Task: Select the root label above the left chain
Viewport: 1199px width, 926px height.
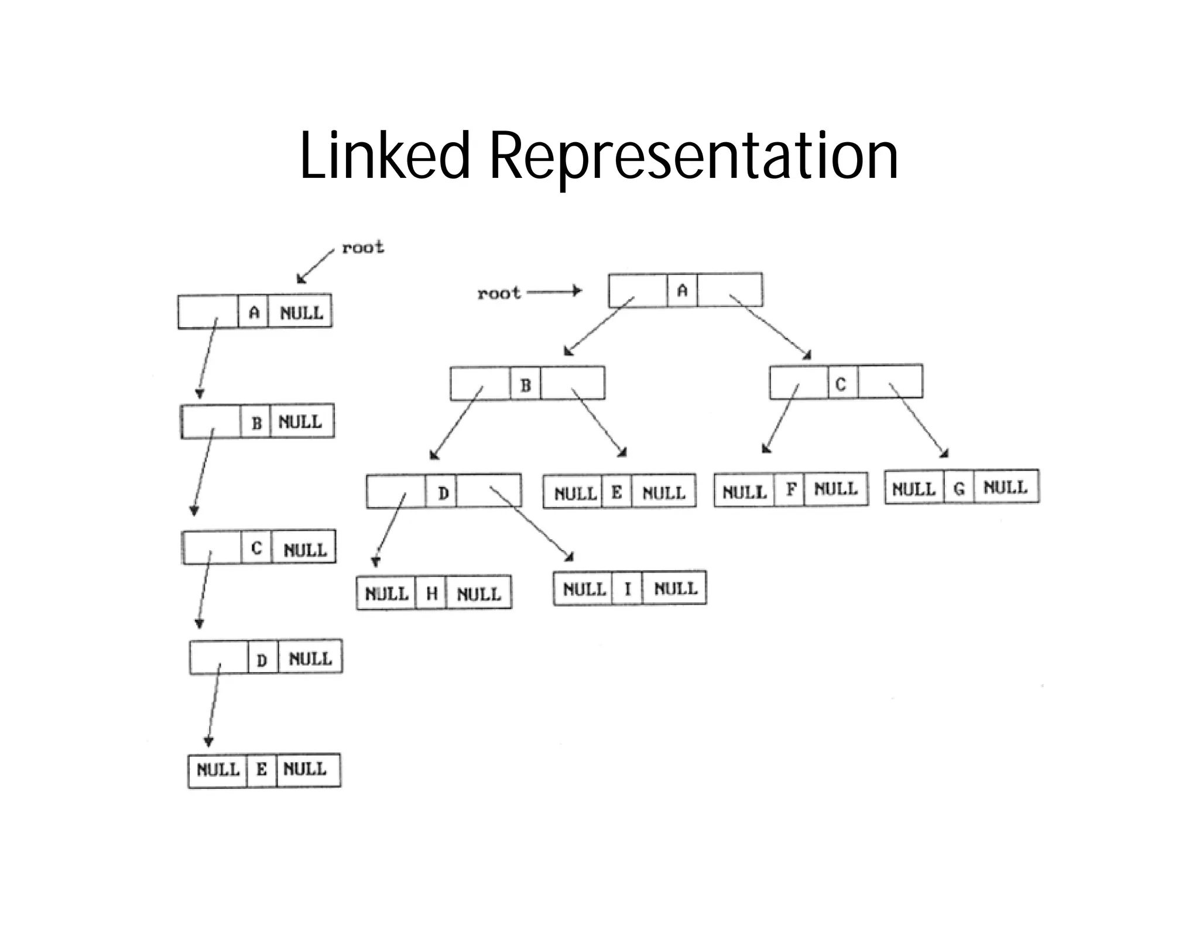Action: (x=363, y=248)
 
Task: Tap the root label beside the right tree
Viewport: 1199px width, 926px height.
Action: (x=499, y=293)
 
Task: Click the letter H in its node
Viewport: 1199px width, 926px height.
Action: (x=431, y=594)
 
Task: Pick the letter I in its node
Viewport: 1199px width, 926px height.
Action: (x=627, y=588)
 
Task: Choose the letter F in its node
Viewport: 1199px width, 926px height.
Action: (x=790, y=489)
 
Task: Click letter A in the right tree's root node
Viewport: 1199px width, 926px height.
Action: (x=682, y=290)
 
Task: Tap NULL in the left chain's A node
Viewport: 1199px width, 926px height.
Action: (x=301, y=313)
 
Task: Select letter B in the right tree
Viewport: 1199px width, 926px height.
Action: (x=525, y=385)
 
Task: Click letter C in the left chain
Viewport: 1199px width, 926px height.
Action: (x=256, y=548)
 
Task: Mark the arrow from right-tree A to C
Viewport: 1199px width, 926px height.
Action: (x=771, y=328)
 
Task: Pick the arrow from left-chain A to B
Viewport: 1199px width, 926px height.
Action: (x=208, y=357)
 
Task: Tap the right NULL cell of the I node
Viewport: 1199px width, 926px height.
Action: (x=675, y=588)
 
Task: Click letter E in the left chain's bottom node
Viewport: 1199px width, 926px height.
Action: (x=261, y=769)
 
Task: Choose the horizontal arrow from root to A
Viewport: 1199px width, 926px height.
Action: (x=553, y=291)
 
